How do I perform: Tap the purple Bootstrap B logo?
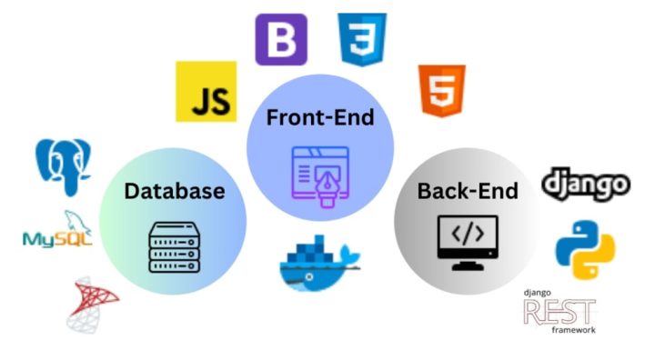pyautogui.click(x=280, y=39)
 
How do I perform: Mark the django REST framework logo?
pyautogui.click(x=560, y=312)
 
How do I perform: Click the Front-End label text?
pyautogui.click(x=319, y=117)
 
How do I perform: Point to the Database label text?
pyautogui.click(x=174, y=191)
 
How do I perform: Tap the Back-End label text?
pyautogui.click(x=467, y=191)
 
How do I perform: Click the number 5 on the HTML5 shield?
pyautogui.click(x=442, y=92)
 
